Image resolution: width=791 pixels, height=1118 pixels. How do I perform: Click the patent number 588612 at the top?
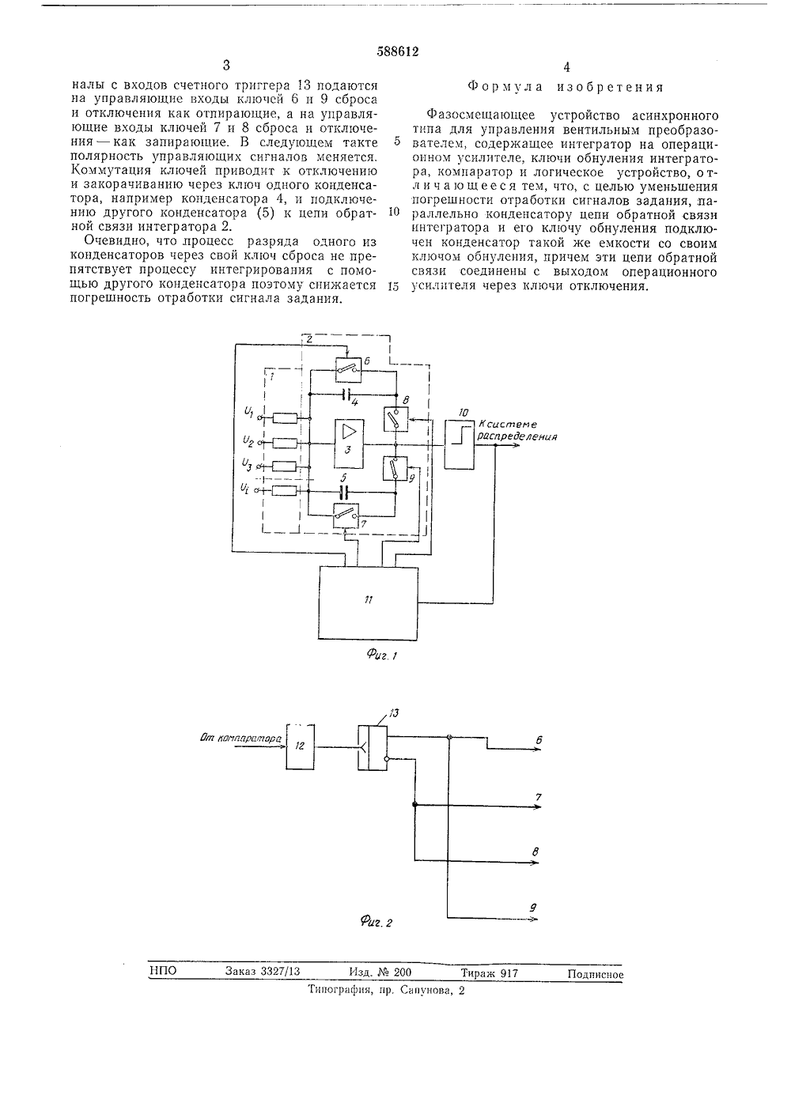(x=398, y=51)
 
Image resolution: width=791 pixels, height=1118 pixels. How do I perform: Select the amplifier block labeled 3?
(x=349, y=444)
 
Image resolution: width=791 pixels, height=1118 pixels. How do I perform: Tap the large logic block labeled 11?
(x=368, y=603)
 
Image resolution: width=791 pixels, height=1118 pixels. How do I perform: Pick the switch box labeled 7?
(x=346, y=516)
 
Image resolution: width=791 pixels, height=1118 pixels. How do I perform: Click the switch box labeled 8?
(x=395, y=419)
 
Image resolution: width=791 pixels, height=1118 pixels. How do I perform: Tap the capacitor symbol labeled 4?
(x=347, y=395)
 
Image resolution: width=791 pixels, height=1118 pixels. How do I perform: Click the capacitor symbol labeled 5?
(x=343, y=493)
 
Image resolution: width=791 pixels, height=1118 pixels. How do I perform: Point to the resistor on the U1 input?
(x=285, y=418)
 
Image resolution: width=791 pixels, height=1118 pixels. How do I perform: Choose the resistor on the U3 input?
(x=285, y=466)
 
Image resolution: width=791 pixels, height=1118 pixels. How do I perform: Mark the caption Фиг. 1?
(x=382, y=654)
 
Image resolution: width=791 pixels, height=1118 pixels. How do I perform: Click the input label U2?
(x=248, y=440)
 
